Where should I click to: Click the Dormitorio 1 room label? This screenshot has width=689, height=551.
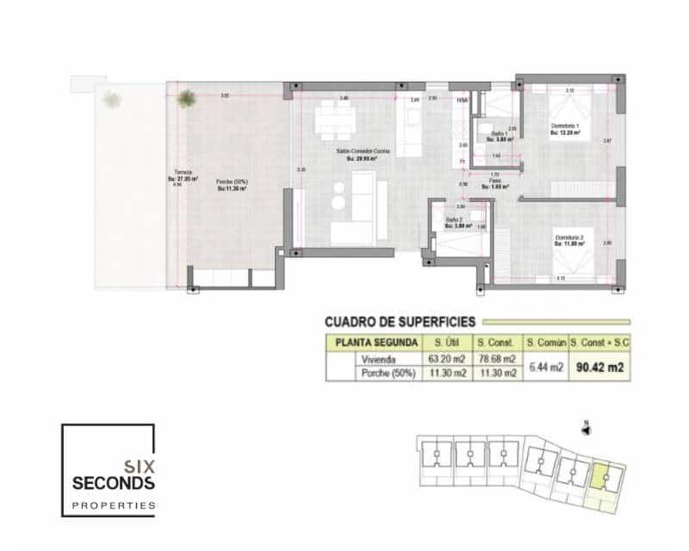point(566,127)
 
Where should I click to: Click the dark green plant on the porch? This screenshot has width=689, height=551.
point(185,99)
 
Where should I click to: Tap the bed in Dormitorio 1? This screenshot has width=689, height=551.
point(568,108)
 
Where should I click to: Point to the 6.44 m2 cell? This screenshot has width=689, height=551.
point(545,366)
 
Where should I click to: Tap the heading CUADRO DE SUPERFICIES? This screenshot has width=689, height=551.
point(399,322)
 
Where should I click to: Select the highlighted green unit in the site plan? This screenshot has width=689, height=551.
point(604,476)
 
